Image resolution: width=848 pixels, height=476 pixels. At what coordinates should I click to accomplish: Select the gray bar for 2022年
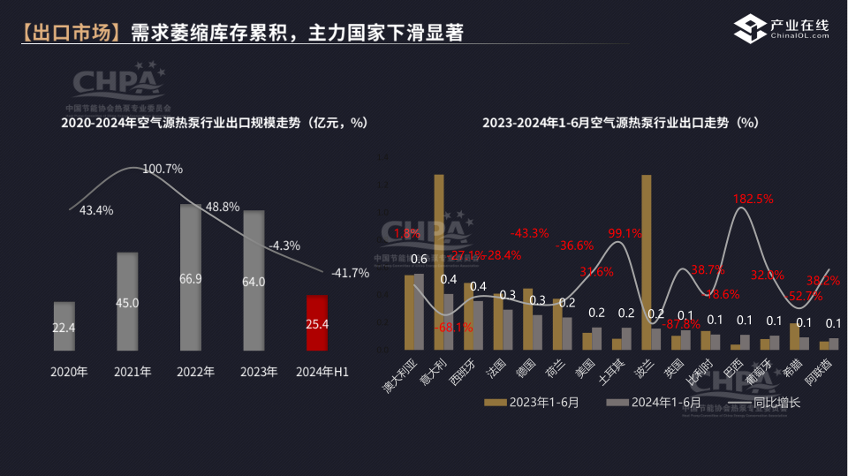click(190, 277)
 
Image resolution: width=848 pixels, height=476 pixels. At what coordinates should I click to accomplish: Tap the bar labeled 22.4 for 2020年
click(64, 327)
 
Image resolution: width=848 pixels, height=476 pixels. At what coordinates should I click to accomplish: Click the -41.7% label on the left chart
click(350, 273)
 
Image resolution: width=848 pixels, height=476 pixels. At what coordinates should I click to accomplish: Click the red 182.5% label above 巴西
click(753, 199)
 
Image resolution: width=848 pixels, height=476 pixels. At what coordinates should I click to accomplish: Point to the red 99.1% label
click(625, 233)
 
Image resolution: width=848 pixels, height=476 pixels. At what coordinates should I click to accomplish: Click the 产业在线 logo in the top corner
click(783, 28)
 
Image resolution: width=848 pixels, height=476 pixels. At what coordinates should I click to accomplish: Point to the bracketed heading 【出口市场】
click(69, 34)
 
